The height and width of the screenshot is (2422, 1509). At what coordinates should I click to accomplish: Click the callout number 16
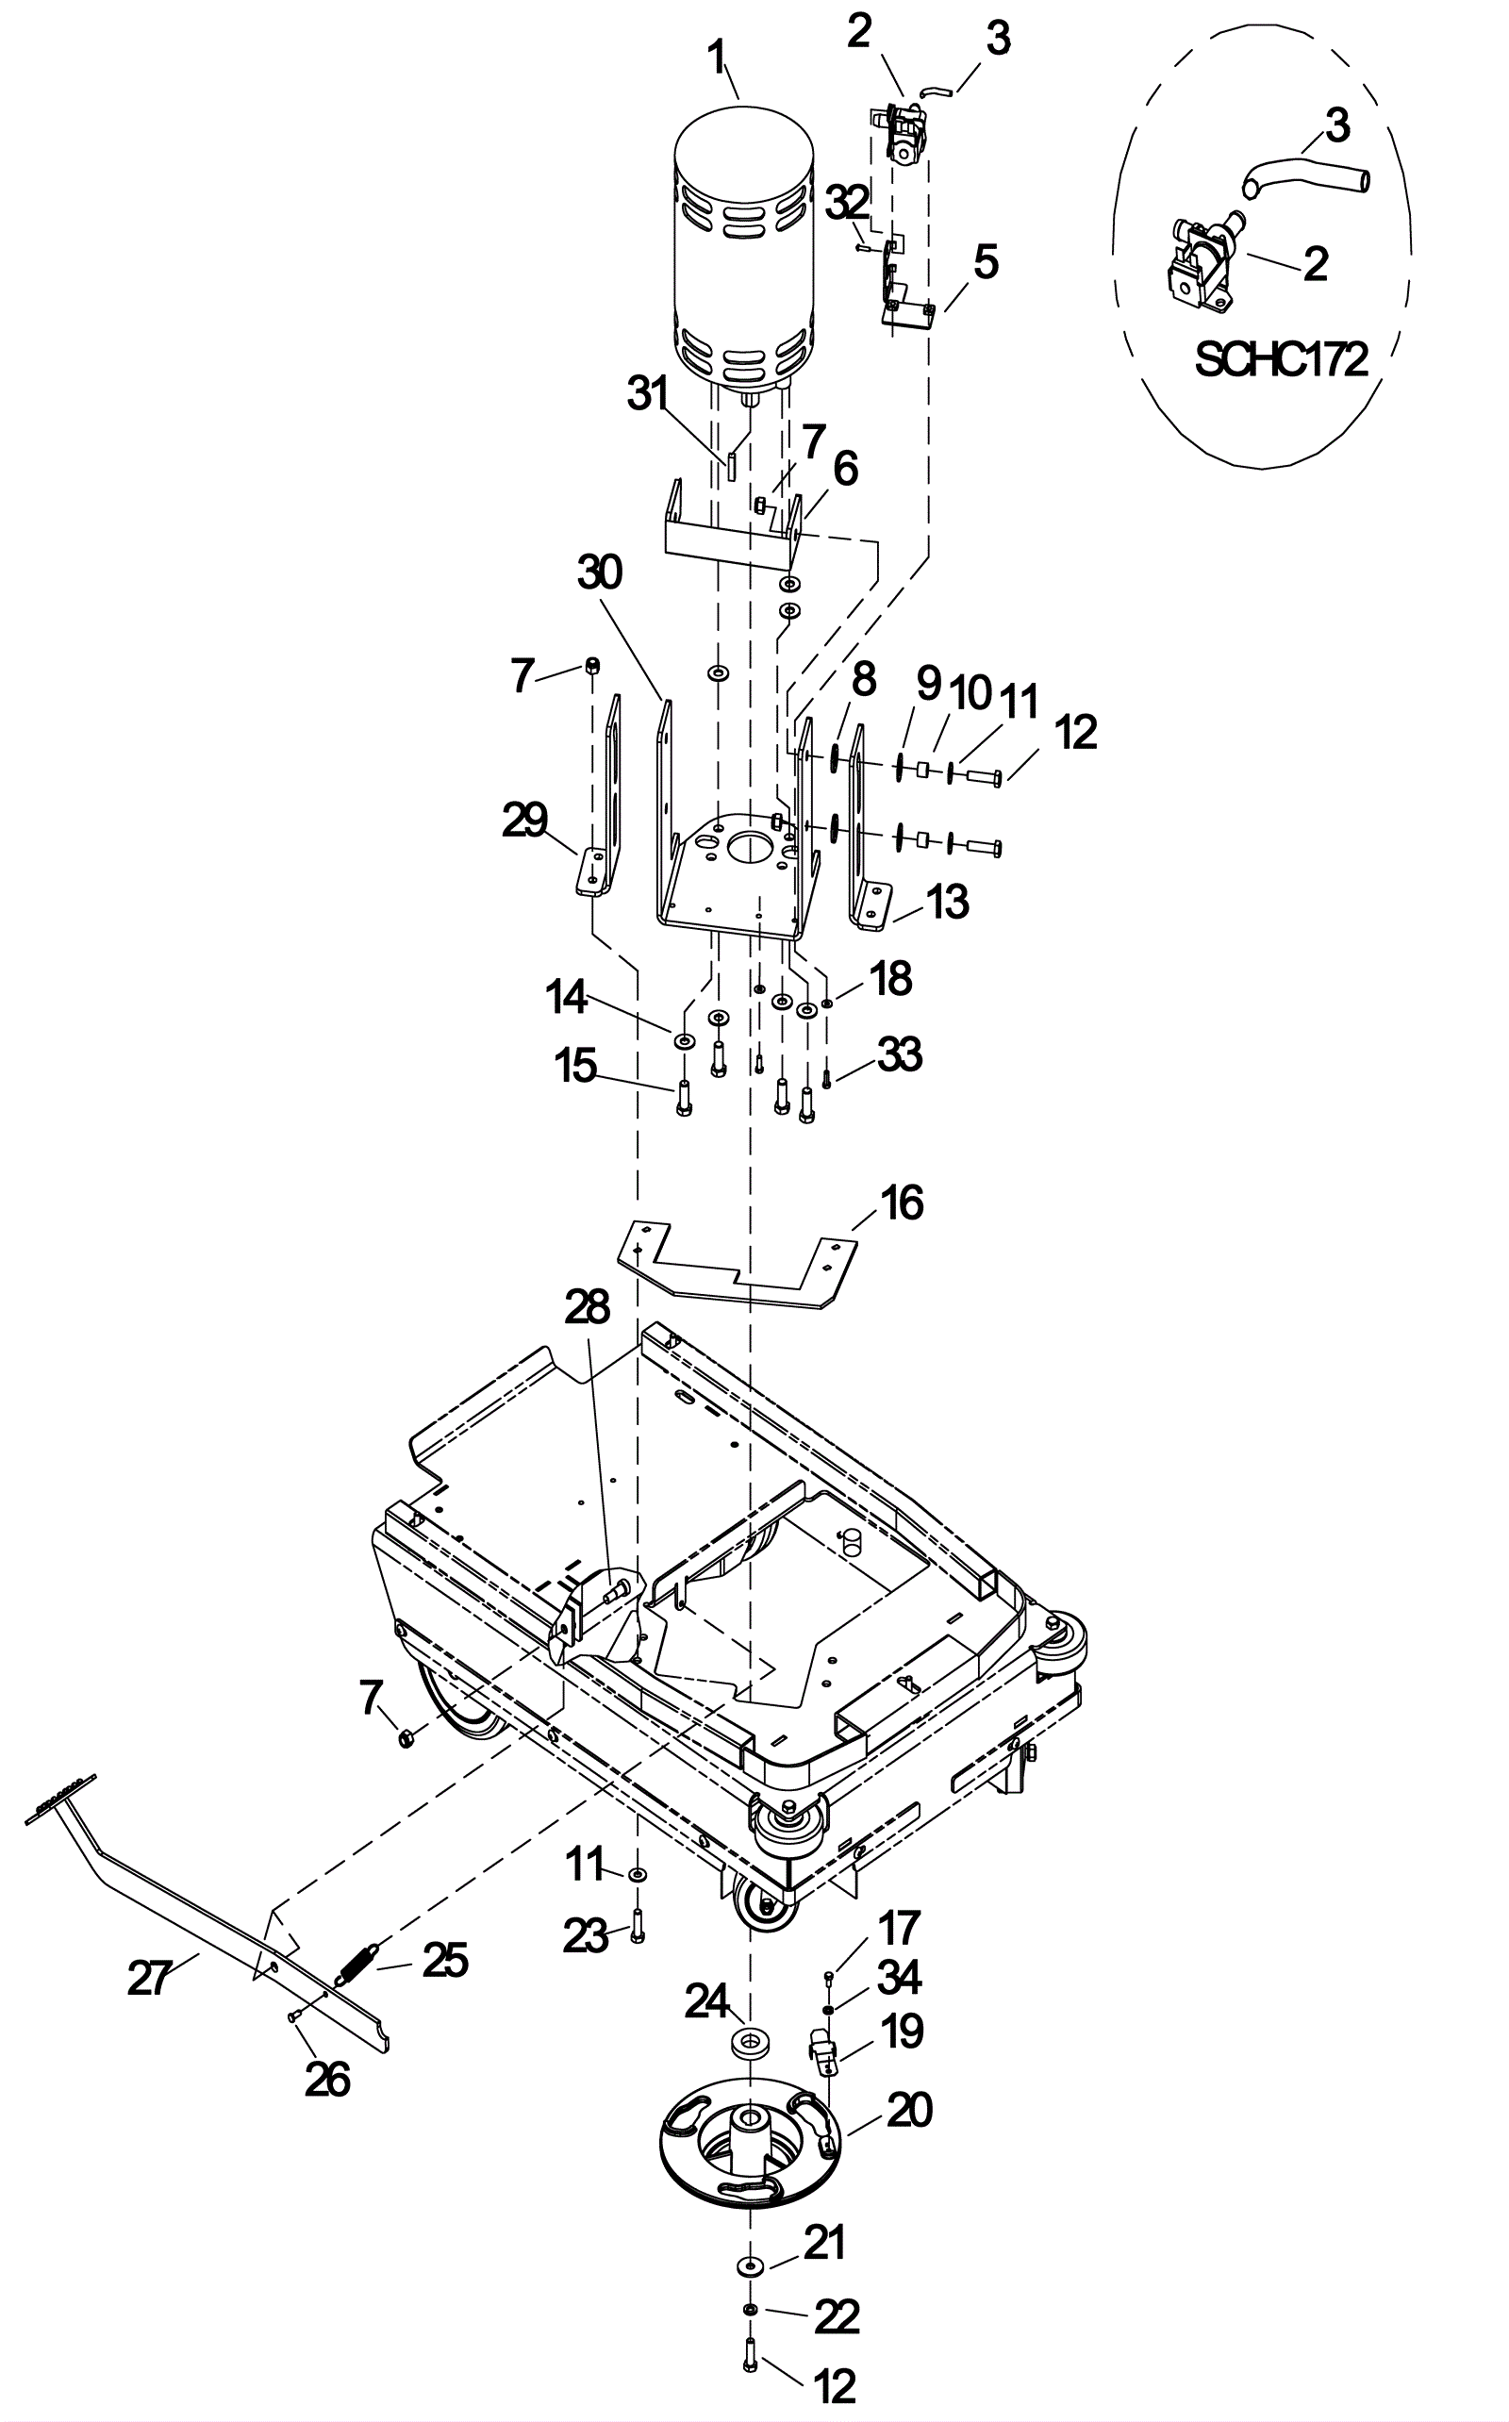[902, 1203]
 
